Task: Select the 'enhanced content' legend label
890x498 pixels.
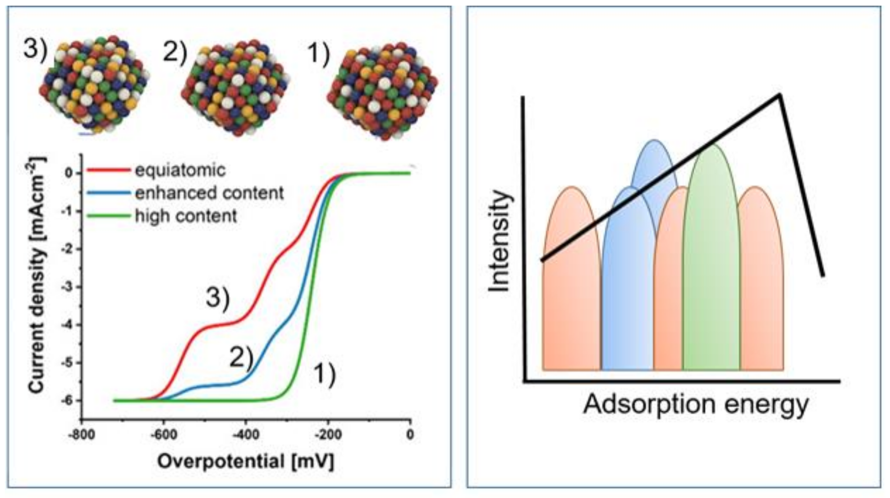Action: pyautogui.click(x=209, y=193)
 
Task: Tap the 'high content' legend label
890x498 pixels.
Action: pyautogui.click(x=186, y=216)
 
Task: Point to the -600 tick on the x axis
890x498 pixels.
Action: pyautogui.click(x=164, y=435)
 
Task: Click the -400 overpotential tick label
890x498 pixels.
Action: pyautogui.click(x=246, y=435)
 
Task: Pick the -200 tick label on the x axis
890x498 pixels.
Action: pyautogui.click(x=328, y=435)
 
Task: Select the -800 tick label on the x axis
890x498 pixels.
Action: pyautogui.click(x=82, y=435)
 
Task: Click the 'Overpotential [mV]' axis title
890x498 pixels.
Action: pyautogui.click(x=246, y=462)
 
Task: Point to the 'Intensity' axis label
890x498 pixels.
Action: pyautogui.click(x=500, y=241)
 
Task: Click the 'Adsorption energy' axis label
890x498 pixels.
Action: pyautogui.click(x=696, y=404)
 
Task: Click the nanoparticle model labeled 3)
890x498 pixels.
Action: pyautogui.click(x=95, y=86)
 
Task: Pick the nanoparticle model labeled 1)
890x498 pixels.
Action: pyautogui.click(x=382, y=90)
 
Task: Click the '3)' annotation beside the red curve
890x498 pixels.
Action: pyautogui.click(x=218, y=298)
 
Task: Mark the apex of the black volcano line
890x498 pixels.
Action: pyautogui.click(x=779, y=95)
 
